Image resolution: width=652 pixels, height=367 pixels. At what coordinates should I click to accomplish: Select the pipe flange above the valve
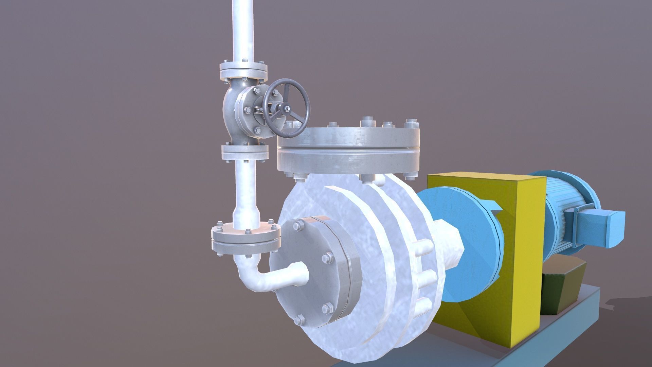tap(243, 70)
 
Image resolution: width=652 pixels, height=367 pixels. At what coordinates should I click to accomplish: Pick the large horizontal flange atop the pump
tap(348, 150)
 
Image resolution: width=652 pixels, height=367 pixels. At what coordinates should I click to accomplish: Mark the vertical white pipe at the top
tap(243, 31)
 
